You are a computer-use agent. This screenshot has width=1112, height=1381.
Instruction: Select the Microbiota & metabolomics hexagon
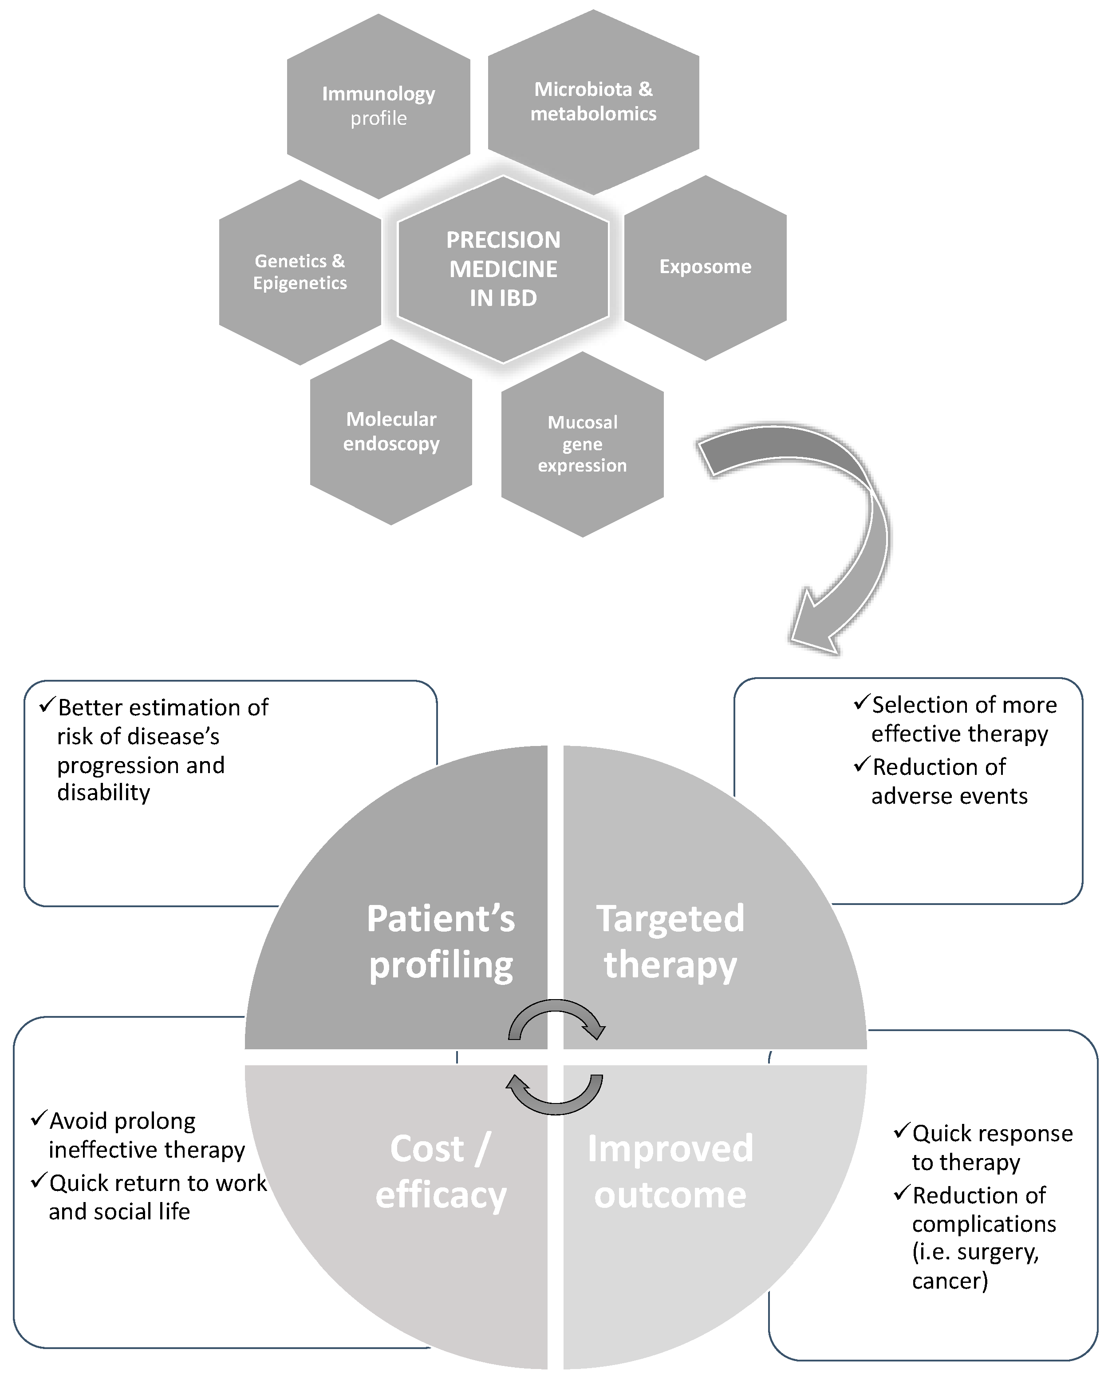(593, 101)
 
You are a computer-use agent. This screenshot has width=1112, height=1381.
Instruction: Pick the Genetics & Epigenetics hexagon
(300, 272)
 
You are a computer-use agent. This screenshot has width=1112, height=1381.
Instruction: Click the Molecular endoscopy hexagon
(391, 431)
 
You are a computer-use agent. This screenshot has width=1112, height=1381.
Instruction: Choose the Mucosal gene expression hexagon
(582, 444)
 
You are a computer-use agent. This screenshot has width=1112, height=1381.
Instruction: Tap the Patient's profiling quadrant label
(441, 941)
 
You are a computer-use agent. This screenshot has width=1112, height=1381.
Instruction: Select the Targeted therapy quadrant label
(670, 941)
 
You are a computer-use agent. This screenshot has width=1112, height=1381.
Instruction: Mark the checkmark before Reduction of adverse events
(862, 765)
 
